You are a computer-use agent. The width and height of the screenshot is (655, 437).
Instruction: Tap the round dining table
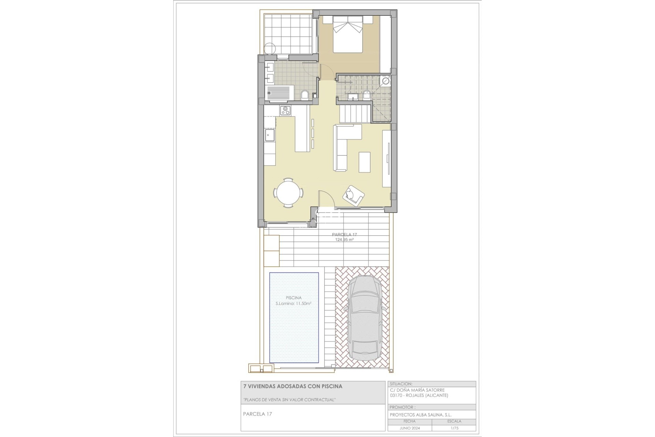point(289,193)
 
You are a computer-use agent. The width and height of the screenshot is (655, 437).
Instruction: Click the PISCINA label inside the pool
point(293,298)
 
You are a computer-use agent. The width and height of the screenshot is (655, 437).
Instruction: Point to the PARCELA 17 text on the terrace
point(344,235)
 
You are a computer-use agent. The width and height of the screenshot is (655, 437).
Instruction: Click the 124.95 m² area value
point(344,240)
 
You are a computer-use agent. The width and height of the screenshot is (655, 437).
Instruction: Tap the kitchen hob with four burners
point(285,110)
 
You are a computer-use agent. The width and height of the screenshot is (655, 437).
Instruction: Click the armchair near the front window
point(353,196)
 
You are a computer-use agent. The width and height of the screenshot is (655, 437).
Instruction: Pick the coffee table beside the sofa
point(364,162)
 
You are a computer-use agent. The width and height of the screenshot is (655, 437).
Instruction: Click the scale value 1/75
point(454,428)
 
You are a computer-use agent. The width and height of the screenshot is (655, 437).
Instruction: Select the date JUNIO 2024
point(410,428)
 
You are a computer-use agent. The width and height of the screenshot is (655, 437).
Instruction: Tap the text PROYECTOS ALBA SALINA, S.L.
point(421,414)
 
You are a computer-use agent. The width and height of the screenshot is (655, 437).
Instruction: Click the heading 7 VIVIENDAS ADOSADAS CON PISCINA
point(292,386)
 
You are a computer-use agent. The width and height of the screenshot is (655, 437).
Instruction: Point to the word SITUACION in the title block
point(401,384)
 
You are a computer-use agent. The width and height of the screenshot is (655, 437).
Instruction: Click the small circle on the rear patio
point(270,48)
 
